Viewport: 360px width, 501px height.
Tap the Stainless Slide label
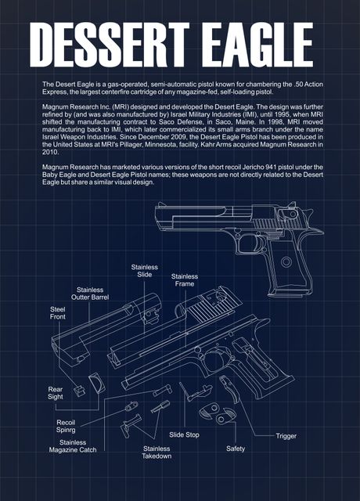point(144,271)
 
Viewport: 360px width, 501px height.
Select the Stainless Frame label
point(185,280)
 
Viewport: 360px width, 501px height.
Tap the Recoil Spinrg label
point(65,426)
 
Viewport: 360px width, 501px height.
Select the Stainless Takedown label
point(157,452)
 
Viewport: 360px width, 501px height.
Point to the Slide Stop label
point(185,434)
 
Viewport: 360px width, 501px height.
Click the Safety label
point(236,449)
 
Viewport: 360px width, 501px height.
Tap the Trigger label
point(286,435)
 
